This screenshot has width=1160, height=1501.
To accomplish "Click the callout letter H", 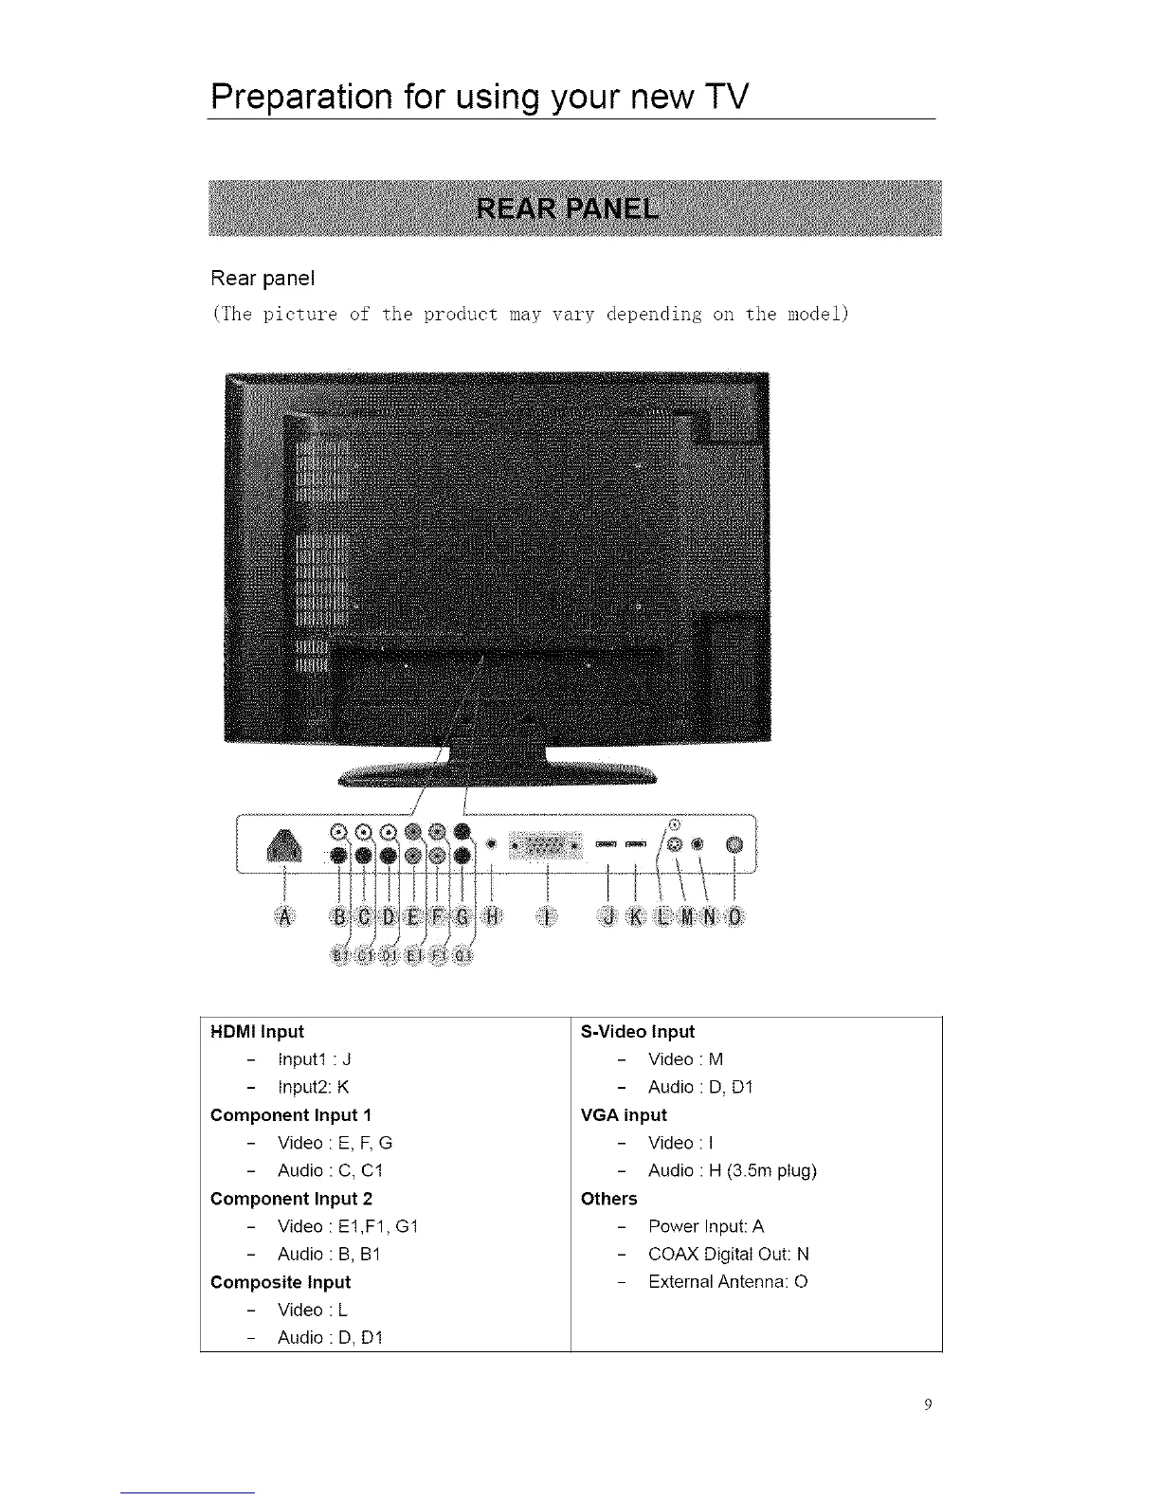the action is tap(492, 916).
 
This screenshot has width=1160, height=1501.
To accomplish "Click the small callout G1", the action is tap(462, 954).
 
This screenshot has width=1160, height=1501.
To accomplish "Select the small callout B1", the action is tap(339, 954).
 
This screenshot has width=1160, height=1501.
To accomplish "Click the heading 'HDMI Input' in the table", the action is tap(257, 1031).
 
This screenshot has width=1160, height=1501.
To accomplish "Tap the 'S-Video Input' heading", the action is tap(637, 1031).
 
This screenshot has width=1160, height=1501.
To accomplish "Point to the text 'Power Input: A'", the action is tap(706, 1226).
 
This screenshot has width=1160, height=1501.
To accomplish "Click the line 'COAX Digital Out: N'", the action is tap(728, 1254).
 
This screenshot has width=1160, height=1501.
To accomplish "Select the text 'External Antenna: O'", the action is tap(728, 1281).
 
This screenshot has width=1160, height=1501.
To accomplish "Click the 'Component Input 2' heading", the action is tap(291, 1198).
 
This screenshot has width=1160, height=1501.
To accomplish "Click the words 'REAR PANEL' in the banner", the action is tap(567, 208).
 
